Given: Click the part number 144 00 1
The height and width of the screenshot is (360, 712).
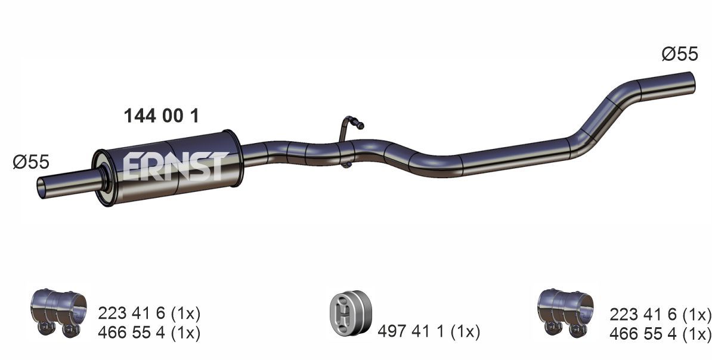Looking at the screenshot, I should tap(160, 116).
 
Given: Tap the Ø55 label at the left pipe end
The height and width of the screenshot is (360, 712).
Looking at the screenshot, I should tap(30, 162).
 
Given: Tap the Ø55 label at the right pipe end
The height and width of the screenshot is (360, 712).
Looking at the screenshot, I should tap(679, 54).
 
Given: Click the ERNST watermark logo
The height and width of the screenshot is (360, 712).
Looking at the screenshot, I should tap(175, 166).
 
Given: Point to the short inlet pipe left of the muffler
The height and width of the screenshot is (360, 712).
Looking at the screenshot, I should tap(66, 184).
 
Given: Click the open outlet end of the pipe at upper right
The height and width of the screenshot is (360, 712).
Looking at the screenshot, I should tap(692, 80).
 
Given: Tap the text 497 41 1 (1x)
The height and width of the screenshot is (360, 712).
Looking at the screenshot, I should tap(428, 331).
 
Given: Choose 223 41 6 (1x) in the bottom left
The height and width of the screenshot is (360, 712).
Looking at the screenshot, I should tap(148, 314).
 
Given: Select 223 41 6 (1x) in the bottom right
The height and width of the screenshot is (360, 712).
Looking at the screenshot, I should tap(660, 314).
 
